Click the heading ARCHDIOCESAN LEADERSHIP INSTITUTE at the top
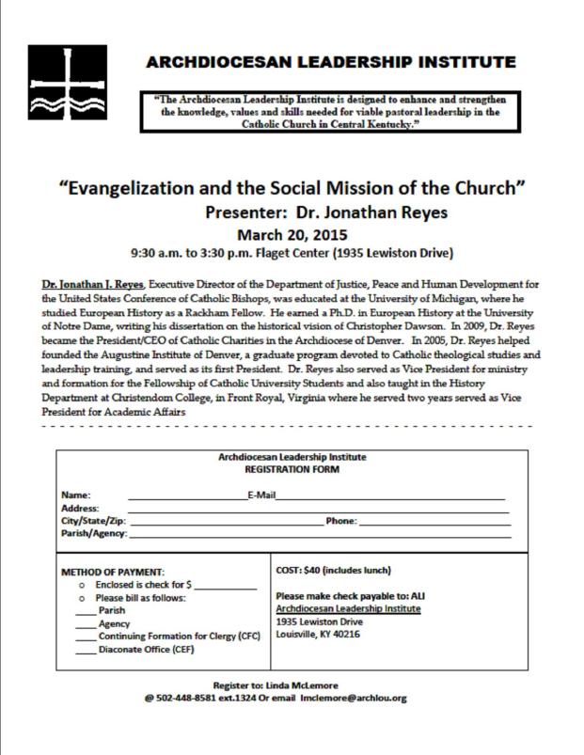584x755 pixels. [x=330, y=63]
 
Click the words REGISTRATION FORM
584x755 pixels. [x=292, y=467]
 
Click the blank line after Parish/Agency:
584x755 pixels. [x=320, y=534]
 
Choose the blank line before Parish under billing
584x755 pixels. [x=86, y=611]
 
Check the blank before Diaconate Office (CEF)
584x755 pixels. [x=86, y=650]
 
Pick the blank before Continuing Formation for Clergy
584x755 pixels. [x=86, y=637]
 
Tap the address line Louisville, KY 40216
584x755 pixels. [x=317, y=634]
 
